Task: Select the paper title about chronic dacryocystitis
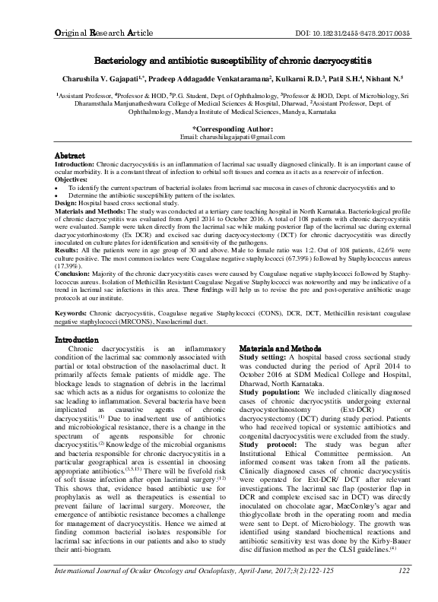(218, 59)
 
